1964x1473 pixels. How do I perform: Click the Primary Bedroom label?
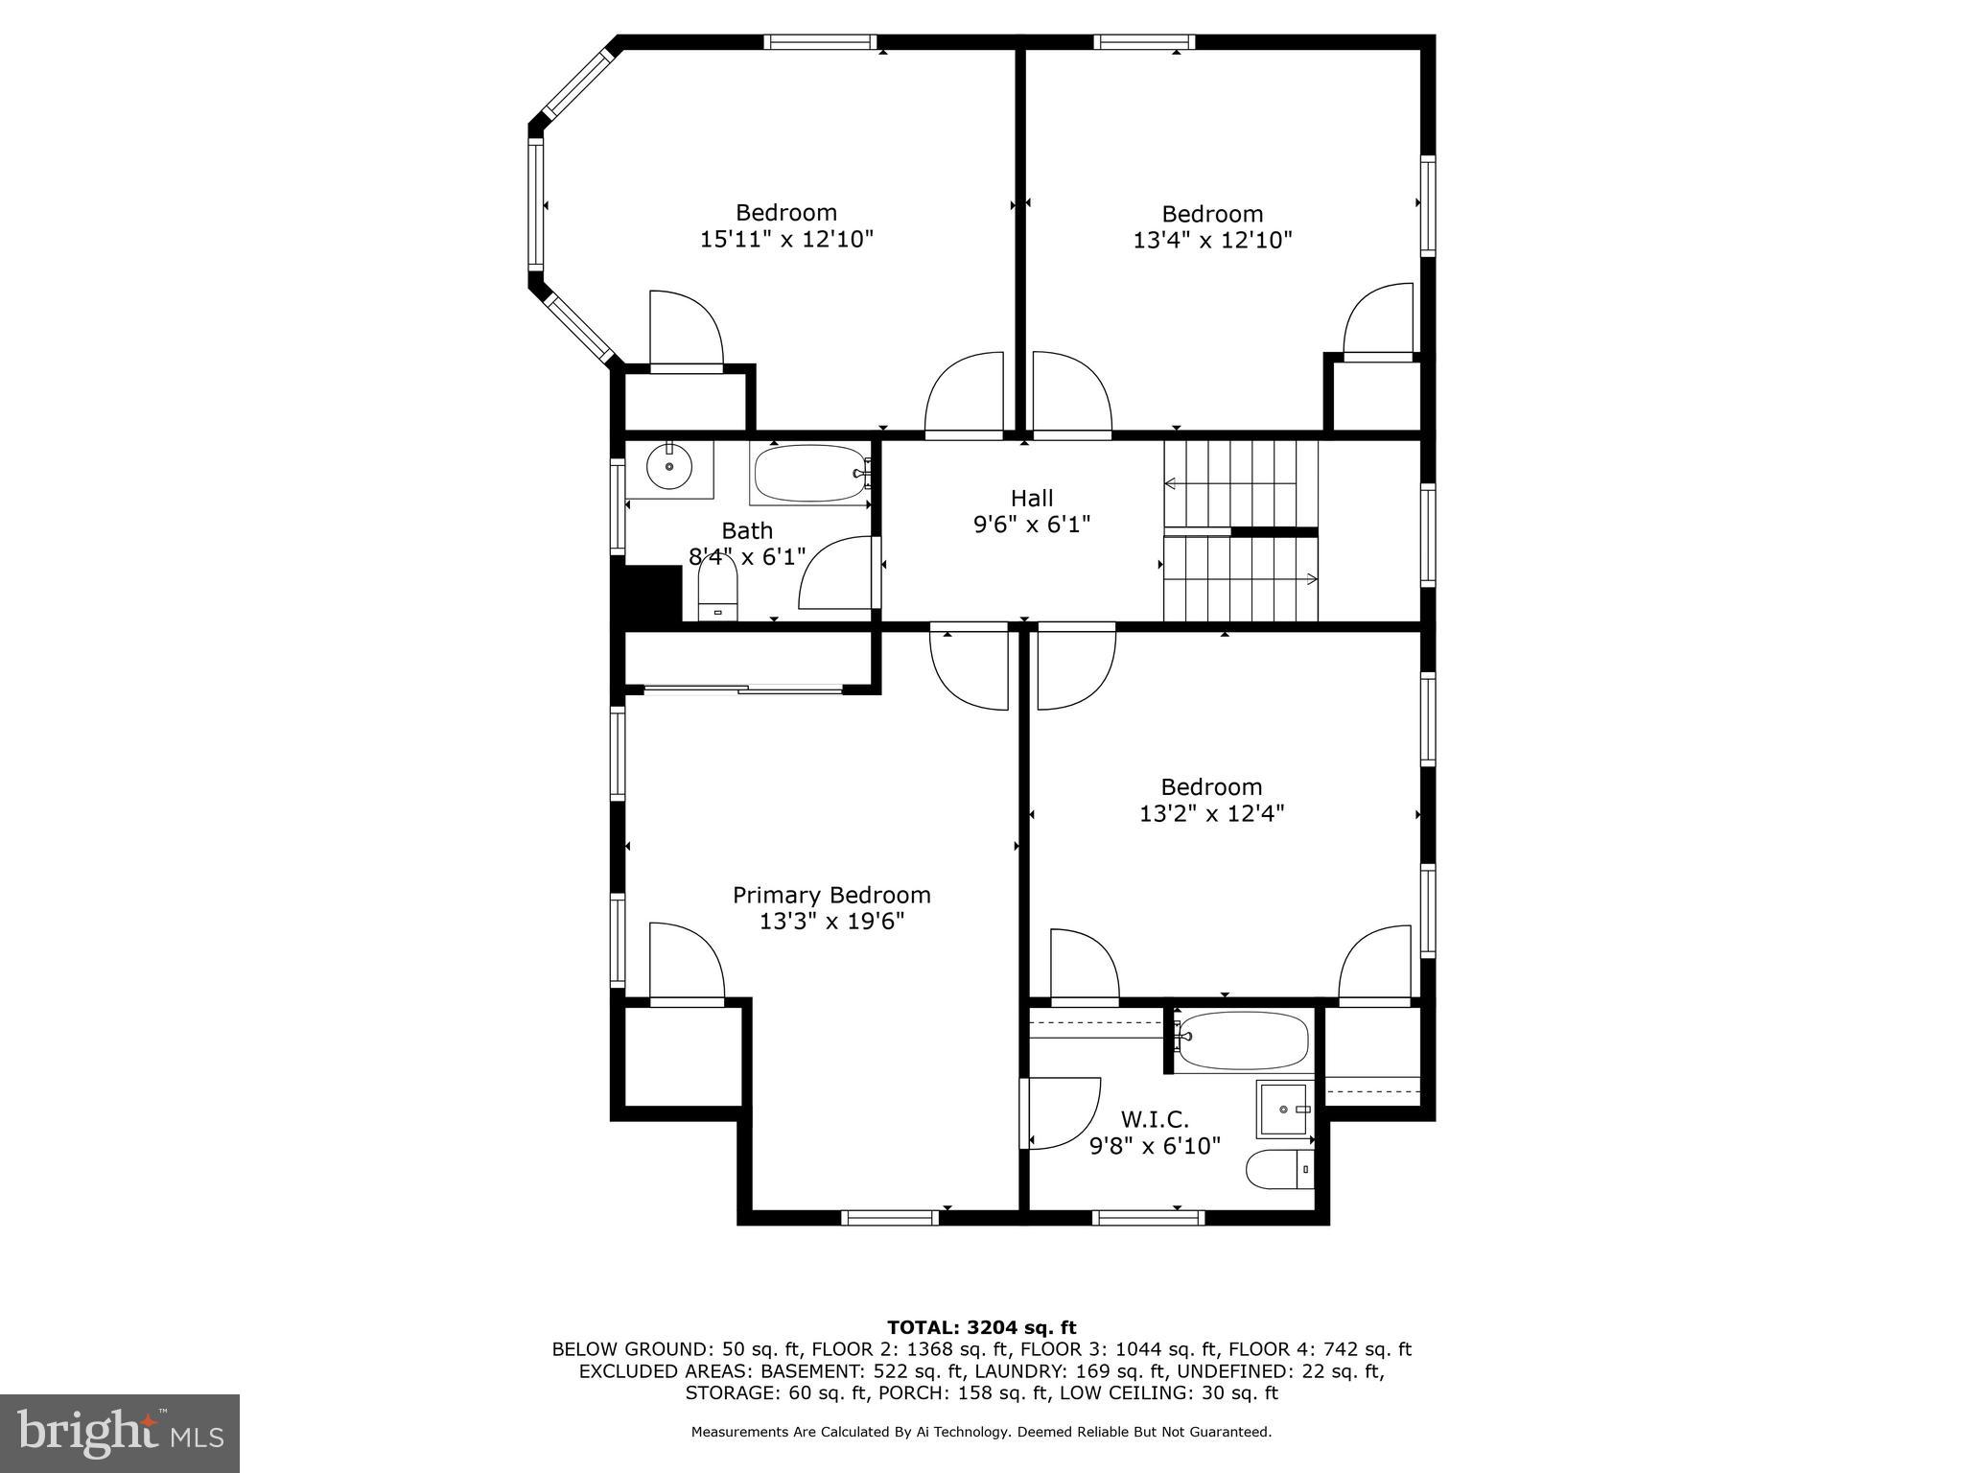click(831, 895)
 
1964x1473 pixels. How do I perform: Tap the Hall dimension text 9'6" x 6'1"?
click(1032, 525)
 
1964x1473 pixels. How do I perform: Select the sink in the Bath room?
click(668, 468)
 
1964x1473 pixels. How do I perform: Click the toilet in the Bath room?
click(717, 587)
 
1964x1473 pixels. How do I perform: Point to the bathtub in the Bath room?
click(810, 473)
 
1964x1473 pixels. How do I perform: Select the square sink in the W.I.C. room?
click(1285, 1109)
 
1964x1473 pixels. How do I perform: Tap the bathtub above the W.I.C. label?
click(1243, 1040)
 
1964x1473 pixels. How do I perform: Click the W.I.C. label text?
click(1155, 1119)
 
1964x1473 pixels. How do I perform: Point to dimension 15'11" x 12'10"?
click(786, 239)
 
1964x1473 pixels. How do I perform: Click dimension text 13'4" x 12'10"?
click(1212, 240)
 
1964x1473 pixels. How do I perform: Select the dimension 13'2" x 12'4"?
click(1211, 813)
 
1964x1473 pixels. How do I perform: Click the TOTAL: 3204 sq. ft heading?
click(981, 1327)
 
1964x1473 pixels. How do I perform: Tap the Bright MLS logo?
click(120, 1433)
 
